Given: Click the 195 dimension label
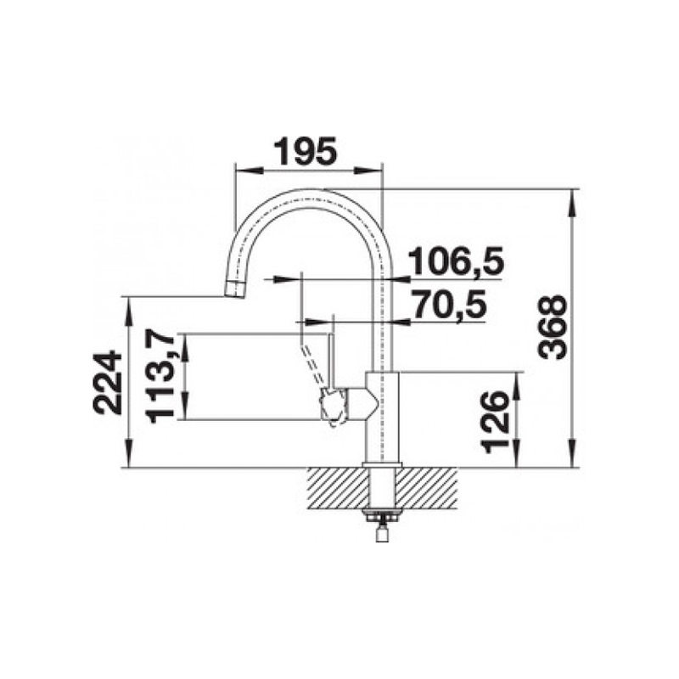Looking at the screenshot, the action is coord(306,152).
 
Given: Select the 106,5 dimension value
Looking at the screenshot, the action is coord(457,261).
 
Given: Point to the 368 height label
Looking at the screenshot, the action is coord(553,327).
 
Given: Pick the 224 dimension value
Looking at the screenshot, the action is coord(107,383).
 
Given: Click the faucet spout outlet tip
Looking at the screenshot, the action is coord(235,289).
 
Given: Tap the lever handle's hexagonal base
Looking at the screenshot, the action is coord(334,405).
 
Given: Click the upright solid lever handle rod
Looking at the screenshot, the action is coord(329,360).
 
